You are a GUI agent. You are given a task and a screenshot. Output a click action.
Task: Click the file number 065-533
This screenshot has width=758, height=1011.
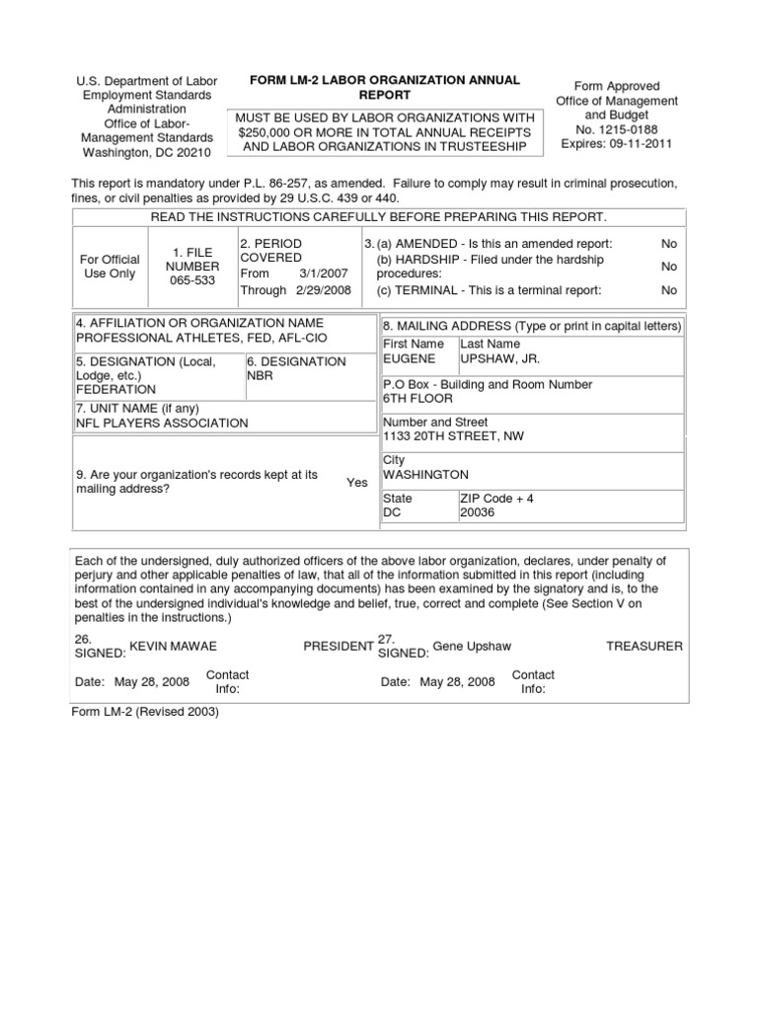point(192,280)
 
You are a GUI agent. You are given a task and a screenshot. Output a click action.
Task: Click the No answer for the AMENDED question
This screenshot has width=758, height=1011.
point(669,243)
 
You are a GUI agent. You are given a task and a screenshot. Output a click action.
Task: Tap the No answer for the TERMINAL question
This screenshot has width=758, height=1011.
point(669,290)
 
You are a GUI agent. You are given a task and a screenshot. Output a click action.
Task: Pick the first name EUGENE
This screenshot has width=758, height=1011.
point(409,358)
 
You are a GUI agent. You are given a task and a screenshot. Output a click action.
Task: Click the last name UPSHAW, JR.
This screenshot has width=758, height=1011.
point(499,358)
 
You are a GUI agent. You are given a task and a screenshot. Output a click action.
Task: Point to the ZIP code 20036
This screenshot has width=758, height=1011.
point(478,512)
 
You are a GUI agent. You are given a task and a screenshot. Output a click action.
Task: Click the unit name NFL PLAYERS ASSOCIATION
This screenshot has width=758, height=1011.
point(162,423)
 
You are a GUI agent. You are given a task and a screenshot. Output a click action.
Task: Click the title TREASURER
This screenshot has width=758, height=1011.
point(644,646)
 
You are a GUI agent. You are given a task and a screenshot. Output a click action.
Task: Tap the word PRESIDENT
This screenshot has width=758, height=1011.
point(338,646)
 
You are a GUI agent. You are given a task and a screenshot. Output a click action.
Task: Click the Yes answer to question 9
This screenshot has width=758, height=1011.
point(356,483)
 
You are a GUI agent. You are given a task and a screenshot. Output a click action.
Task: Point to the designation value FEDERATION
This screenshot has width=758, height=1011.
point(114,390)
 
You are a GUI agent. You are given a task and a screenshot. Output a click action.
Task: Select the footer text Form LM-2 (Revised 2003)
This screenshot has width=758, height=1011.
point(144,711)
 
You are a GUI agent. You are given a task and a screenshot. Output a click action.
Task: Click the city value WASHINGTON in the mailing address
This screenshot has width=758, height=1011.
point(425,475)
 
